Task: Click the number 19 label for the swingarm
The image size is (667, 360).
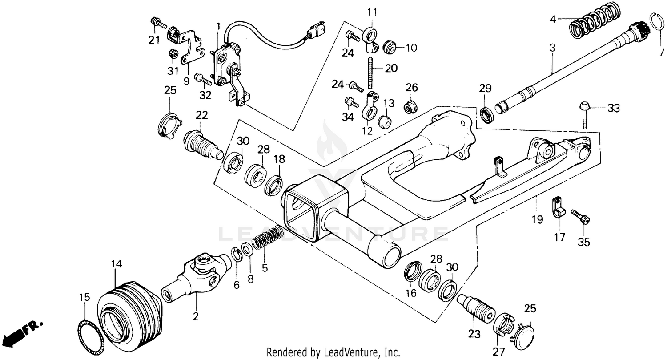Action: coord(537,219)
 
